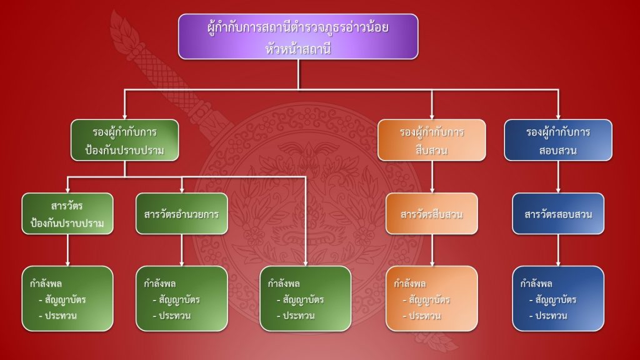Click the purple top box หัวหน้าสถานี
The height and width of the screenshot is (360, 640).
click(x=298, y=36)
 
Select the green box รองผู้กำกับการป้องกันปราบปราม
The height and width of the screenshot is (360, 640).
click(x=125, y=142)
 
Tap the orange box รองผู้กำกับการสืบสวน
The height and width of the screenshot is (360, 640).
click(x=431, y=142)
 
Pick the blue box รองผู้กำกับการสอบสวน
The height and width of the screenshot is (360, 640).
click(x=558, y=142)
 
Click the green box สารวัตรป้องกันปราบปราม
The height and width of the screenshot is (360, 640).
click(x=67, y=214)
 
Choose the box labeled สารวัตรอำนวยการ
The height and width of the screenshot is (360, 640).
click(x=182, y=214)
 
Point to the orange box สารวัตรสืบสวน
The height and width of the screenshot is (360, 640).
click(x=431, y=214)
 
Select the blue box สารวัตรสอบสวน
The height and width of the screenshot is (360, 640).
click(x=558, y=214)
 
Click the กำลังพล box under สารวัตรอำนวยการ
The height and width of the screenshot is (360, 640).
click(x=182, y=298)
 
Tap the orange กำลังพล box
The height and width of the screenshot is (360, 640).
click(x=431, y=298)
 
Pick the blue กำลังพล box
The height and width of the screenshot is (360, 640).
click(x=558, y=298)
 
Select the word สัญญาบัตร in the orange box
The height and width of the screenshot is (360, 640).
click(x=429, y=300)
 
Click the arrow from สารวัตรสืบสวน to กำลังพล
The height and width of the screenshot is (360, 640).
click(x=431, y=250)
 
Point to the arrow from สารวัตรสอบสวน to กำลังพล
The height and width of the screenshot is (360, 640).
click(x=558, y=250)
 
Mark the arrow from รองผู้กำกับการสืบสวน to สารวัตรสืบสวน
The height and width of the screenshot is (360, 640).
click(x=431, y=178)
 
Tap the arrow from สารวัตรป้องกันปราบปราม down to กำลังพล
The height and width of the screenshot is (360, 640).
click(x=67, y=250)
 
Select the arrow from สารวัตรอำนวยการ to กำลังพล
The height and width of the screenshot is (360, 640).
click(x=182, y=250)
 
